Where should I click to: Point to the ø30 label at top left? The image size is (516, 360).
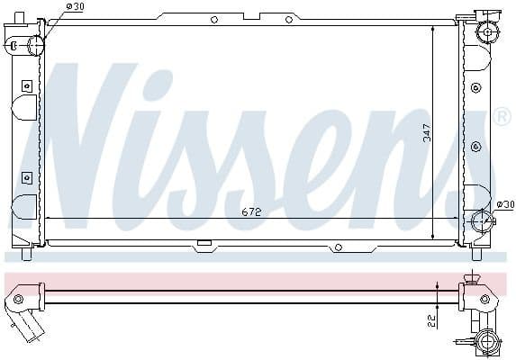coord(76,7)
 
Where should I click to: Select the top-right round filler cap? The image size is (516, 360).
coord(487,31)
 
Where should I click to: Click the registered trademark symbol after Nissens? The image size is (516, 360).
coord(502,117)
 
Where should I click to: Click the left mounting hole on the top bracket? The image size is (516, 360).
coord(213,19)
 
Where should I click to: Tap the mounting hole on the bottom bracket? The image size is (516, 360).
coord(338,247)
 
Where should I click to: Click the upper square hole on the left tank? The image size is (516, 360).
coord(26,85)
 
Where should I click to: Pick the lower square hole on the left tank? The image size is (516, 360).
coord(26,175)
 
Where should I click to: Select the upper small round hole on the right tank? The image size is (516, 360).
coord(475,87)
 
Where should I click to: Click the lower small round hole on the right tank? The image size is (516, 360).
coord(475,145)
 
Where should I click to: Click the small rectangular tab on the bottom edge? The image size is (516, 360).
coord(204,242)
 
